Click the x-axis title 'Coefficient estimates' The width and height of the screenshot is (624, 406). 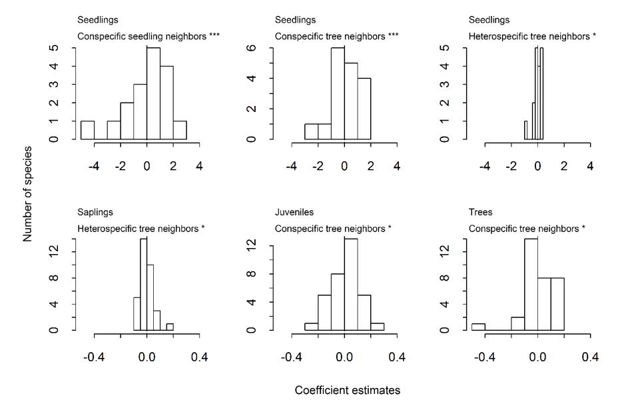tap(348, 391)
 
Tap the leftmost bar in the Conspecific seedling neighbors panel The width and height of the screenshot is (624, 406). tap(87, 130)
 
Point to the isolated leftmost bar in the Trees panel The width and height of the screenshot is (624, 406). tap(478, 327)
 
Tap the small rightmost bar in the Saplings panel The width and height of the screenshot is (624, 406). tap(170, 327)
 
